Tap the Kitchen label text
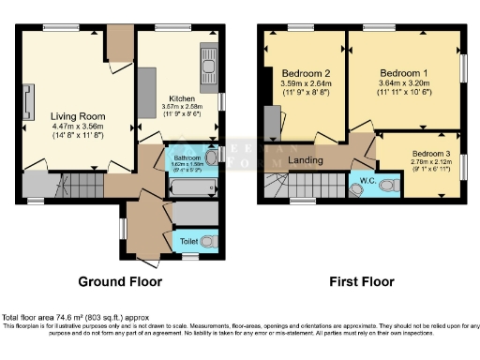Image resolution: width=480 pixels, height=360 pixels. tap(181, 98)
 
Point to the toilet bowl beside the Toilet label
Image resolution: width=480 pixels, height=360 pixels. tap(208, 242)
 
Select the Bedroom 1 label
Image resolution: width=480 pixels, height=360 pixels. tap(404, 72)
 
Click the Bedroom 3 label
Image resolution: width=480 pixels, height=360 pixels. tap(430, 153)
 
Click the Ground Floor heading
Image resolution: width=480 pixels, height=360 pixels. tap(119, 281)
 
